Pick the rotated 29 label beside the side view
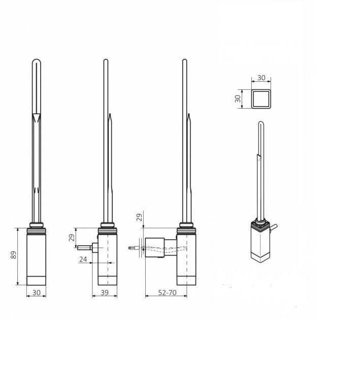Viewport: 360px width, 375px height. pos(72,237)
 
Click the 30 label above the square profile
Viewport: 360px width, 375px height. pos(261,78)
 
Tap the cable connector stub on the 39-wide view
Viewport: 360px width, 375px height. pos(86,248)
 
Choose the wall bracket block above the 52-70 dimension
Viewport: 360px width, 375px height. pos(154,247)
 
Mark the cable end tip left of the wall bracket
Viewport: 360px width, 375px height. pos(132,248)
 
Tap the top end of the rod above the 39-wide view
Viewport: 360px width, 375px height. pos(106,61)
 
